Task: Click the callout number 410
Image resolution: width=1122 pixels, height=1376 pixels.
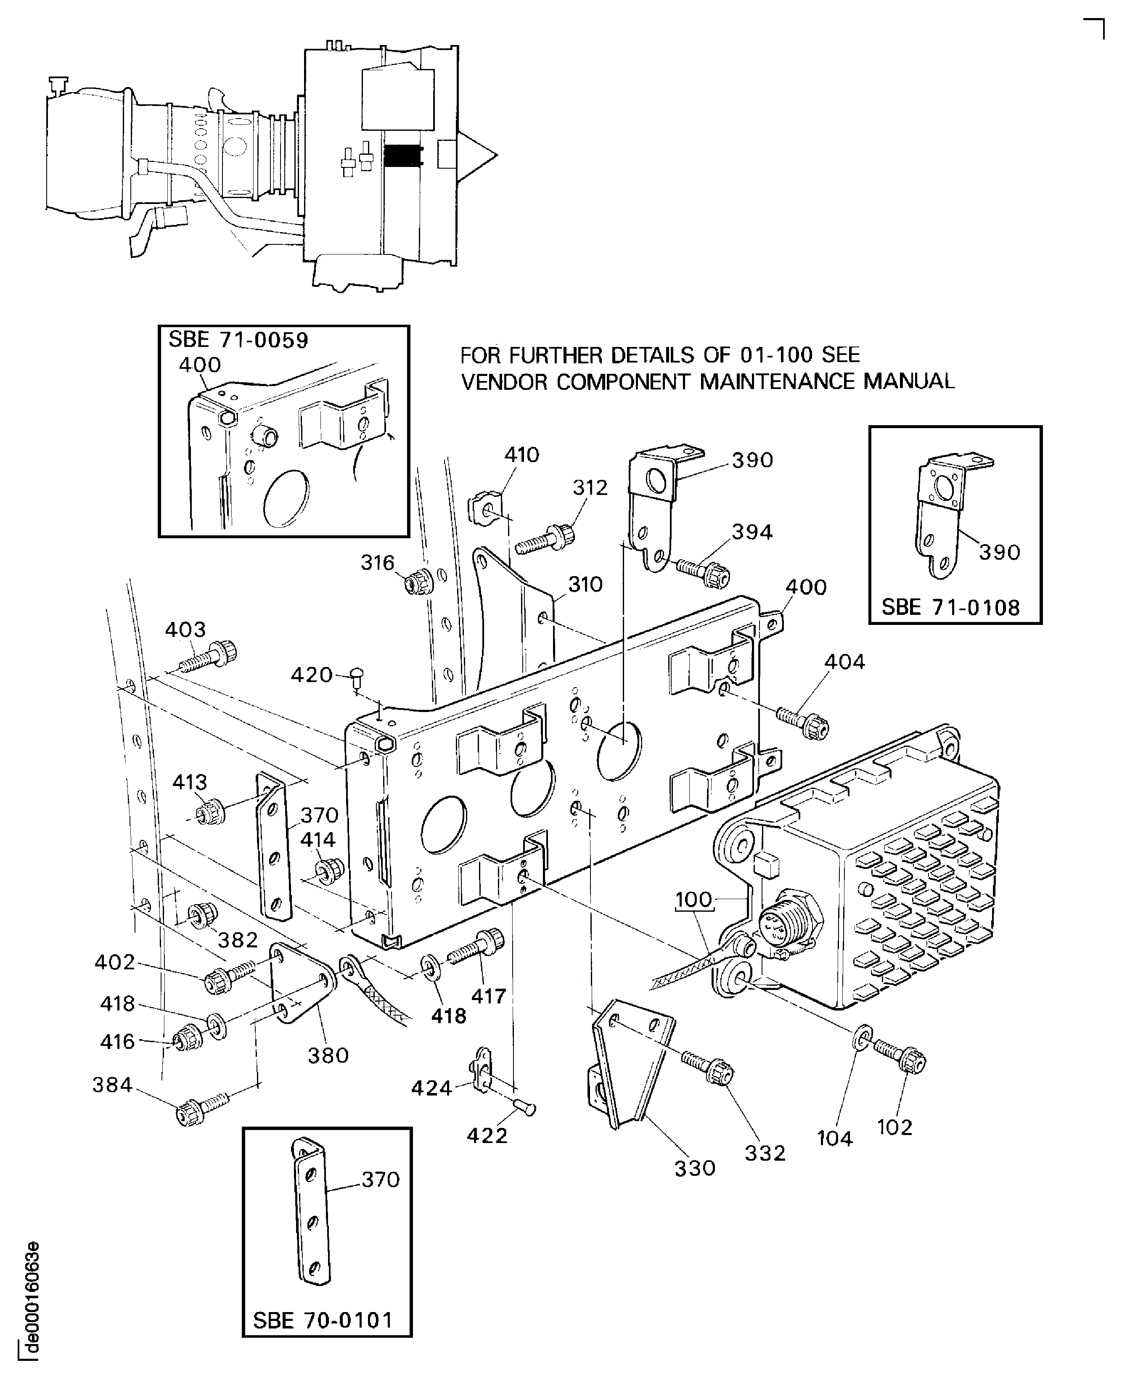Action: [x=521, y=455]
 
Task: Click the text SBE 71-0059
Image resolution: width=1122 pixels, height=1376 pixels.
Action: [x=238, y=340]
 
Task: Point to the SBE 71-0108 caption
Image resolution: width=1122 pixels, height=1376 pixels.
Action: [x=950, y=608]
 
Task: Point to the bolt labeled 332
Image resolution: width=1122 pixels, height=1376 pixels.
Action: [x=709, y=1068]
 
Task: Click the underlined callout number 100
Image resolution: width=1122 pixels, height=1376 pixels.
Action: [x=693, y=900]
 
